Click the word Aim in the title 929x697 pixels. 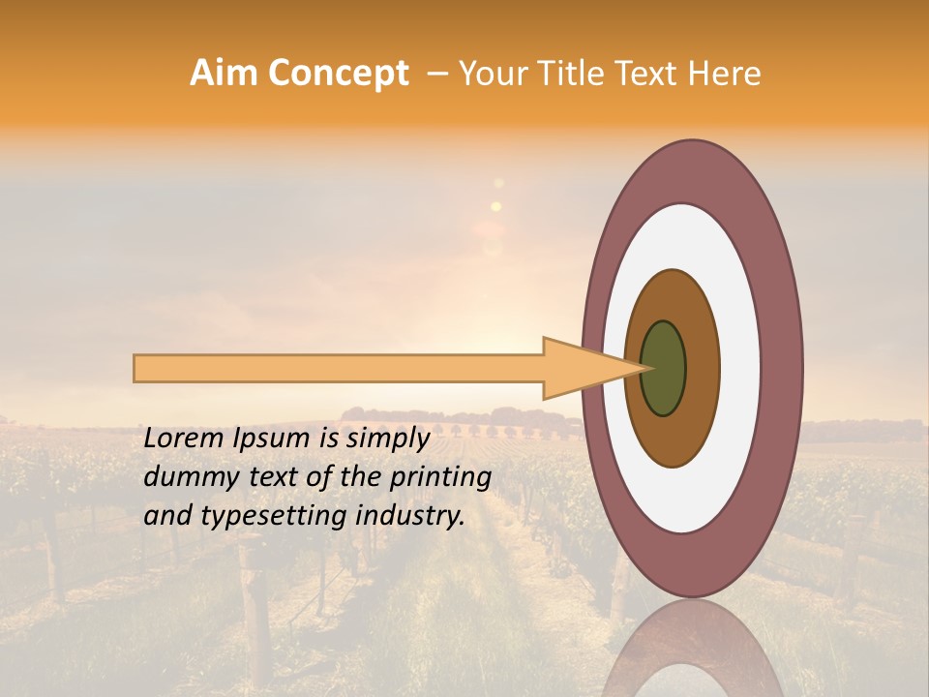click(225, 73)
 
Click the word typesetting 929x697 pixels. click(253, 516)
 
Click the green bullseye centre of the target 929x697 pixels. click(664, 368)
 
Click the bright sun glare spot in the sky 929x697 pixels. click(496, 205)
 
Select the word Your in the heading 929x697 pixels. click(490, 74)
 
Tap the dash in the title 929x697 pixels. click(436, 74)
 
